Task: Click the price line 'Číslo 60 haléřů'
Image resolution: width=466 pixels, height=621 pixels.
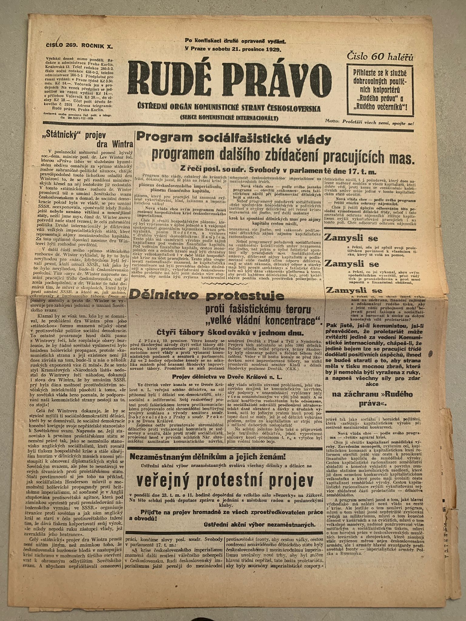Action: click(x=380, y=56)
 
